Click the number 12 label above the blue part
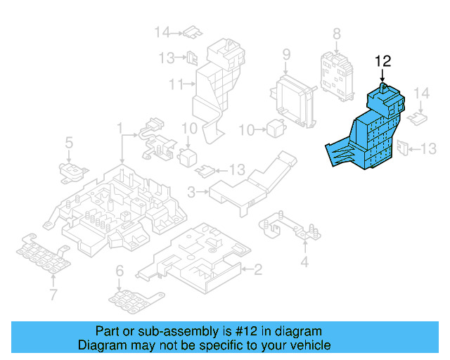click(x=382, y=61)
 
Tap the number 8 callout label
click(x=336, y=33)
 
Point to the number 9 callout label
click(x=286, y=54)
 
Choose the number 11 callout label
click(x=174, y=84)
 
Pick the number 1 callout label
click(x=120, y=129)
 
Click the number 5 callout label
click(x=69, y=144)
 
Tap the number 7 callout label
click(x=53, y=294)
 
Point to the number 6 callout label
click(x=119, y=270)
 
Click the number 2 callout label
click(x=258, y=269)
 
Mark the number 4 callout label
click(x=304, y=263)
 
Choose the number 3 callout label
click(x=192, y=191)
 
